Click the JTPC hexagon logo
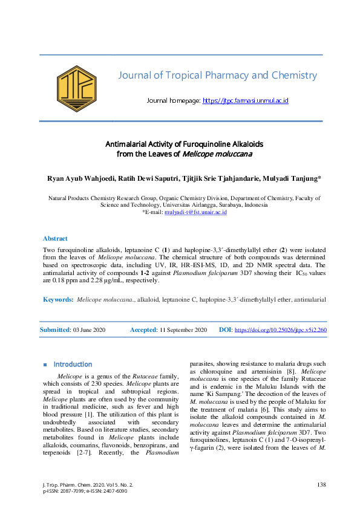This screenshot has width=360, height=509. [x=77, y=92]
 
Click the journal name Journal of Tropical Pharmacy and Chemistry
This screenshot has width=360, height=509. [x=217, y=76]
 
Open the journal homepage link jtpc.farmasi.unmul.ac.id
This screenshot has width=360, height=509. [x=246, y=100]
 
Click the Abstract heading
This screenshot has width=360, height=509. [x=55, y=239]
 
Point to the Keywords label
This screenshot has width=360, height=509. [x=58, y=299]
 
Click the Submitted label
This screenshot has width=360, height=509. [x=54, y=330]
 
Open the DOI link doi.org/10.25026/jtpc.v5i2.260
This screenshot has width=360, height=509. [x=280, y=330]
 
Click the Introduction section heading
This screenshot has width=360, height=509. [x=73, y=365]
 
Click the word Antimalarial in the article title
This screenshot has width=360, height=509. [x=129, y=144]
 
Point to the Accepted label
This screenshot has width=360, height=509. [x=143, y=330]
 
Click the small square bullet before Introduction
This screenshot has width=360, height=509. [x=45, y=365]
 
